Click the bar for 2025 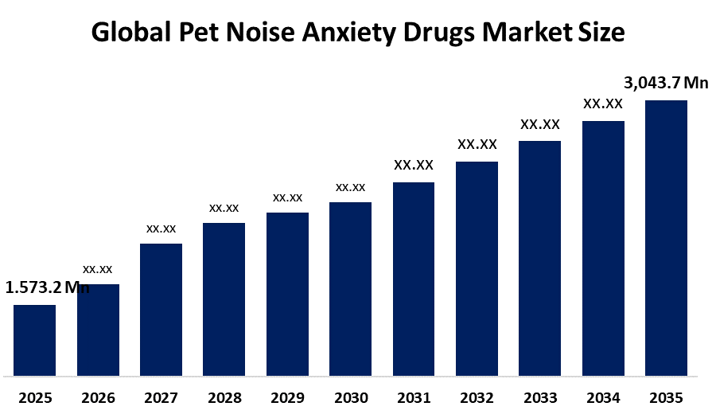34,340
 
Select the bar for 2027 161,309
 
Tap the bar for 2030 350,288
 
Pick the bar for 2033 540,258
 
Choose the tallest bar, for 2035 666,237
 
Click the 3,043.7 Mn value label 665,83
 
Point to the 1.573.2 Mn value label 47,287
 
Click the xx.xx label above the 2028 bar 224,208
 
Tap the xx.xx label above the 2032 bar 477,144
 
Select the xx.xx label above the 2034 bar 603,104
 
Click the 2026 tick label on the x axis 98,398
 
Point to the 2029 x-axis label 287,398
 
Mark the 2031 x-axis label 414,398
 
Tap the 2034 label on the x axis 603,398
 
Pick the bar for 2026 98,330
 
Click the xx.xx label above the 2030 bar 350,187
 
